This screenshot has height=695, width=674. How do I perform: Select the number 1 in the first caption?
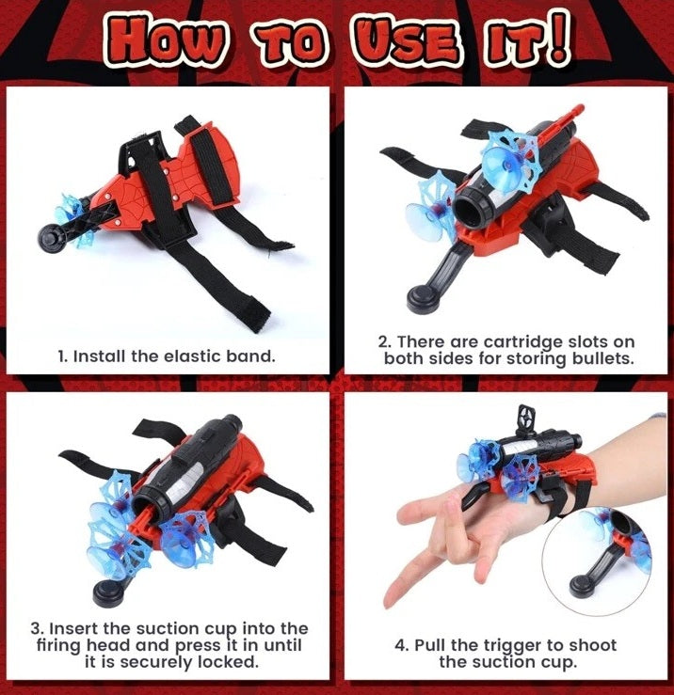[62, 356]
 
